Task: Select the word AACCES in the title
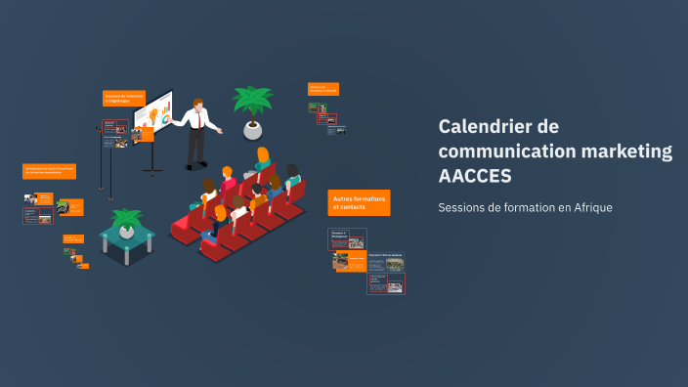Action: point(474,176)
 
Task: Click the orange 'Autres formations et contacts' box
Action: point(359,202)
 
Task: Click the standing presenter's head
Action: point(198,103)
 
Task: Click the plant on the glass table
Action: point(126,220)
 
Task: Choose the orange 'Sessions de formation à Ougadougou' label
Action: point(124,98)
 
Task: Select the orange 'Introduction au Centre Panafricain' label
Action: point(50,171)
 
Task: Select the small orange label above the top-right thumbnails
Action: point(322,89)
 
